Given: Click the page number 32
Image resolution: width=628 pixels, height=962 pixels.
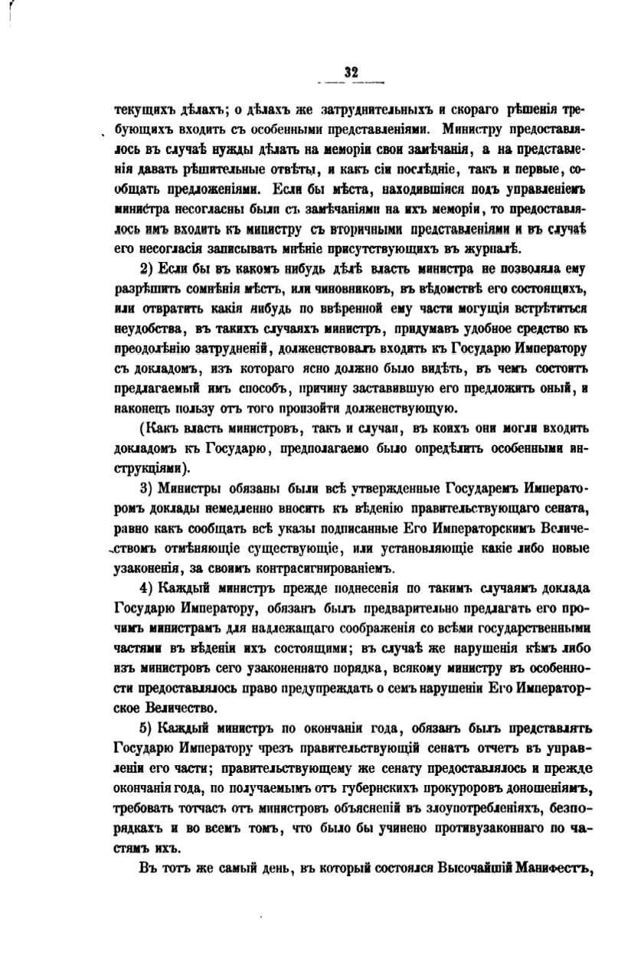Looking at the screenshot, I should [x=352, y=73].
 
